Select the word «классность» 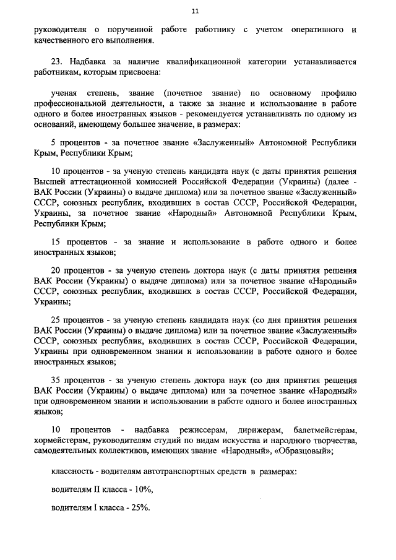coord(72,472)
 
